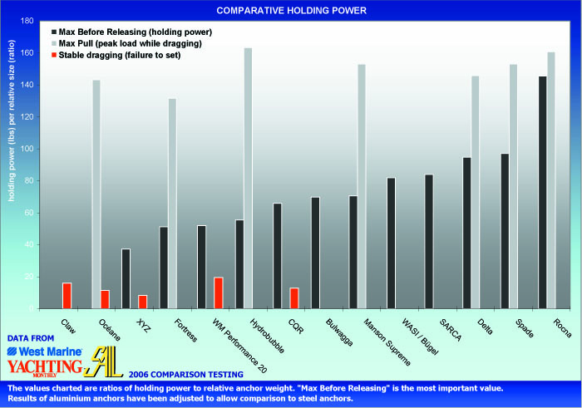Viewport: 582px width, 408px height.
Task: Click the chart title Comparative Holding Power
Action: click(x=290, y=11)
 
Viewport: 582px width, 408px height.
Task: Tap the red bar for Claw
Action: click(x=67, y=296)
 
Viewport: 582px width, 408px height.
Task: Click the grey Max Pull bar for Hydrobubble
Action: click(x=248, y=178)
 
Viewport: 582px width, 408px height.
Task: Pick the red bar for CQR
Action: click(x=293, y=298)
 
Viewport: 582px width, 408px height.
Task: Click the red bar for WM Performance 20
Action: click(x=219, y=292)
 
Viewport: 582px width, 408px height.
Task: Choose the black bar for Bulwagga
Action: click(x=315, y=253)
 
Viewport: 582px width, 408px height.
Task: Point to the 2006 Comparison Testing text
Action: click(x=171, y=376)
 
